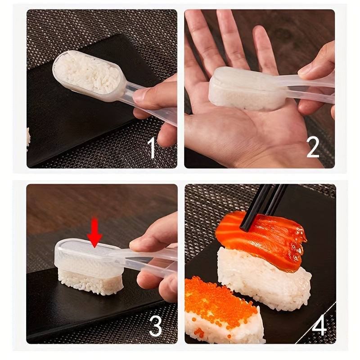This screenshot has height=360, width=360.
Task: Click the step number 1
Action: (152, 149)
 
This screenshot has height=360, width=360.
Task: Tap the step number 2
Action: (313, 148)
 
